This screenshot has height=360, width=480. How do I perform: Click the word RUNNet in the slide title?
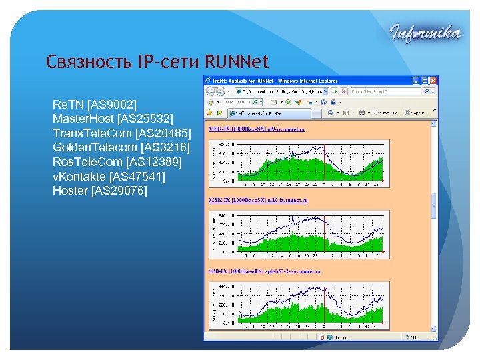click(x=237, y=63)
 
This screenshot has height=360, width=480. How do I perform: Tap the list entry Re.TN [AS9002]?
click(x=94, y=105)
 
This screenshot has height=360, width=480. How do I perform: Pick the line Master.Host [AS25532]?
click(x=113, y=119)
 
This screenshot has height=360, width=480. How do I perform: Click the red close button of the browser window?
click(x=435, y=81)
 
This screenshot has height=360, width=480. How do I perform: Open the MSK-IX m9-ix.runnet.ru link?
click(x=257, y=129)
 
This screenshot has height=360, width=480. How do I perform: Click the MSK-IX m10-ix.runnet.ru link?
click(x=258, y=200)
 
